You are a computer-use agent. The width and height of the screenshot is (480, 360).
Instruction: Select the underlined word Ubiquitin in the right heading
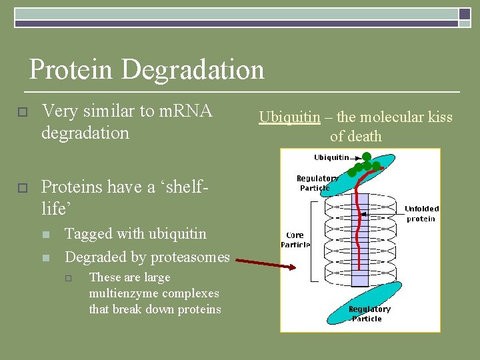(289, 117)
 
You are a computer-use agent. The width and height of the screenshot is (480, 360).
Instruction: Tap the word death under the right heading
(365, 137)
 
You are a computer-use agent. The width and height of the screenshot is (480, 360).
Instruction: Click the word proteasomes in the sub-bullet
(190, 257)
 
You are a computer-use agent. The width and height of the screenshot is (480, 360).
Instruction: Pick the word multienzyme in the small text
(123, 293)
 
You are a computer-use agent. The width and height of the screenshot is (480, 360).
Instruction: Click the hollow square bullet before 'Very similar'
(21, 112)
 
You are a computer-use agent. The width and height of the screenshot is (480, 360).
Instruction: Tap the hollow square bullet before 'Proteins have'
(21, 189)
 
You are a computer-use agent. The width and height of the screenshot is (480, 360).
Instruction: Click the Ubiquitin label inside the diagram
(331, 157)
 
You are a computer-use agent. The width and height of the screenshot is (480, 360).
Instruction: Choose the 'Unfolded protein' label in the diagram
(421, 213)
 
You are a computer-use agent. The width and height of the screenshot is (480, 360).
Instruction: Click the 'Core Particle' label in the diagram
(295, 239)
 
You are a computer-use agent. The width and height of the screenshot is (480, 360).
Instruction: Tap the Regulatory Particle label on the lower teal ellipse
(369, 313)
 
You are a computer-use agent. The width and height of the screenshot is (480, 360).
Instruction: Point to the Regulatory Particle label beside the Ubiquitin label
(317, 183)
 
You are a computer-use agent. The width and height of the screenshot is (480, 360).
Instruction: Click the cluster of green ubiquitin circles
(363, 165)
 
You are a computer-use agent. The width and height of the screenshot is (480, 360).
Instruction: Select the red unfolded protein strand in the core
(359, 233)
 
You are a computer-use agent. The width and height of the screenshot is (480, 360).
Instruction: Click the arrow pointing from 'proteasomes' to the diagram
(265, 265)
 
